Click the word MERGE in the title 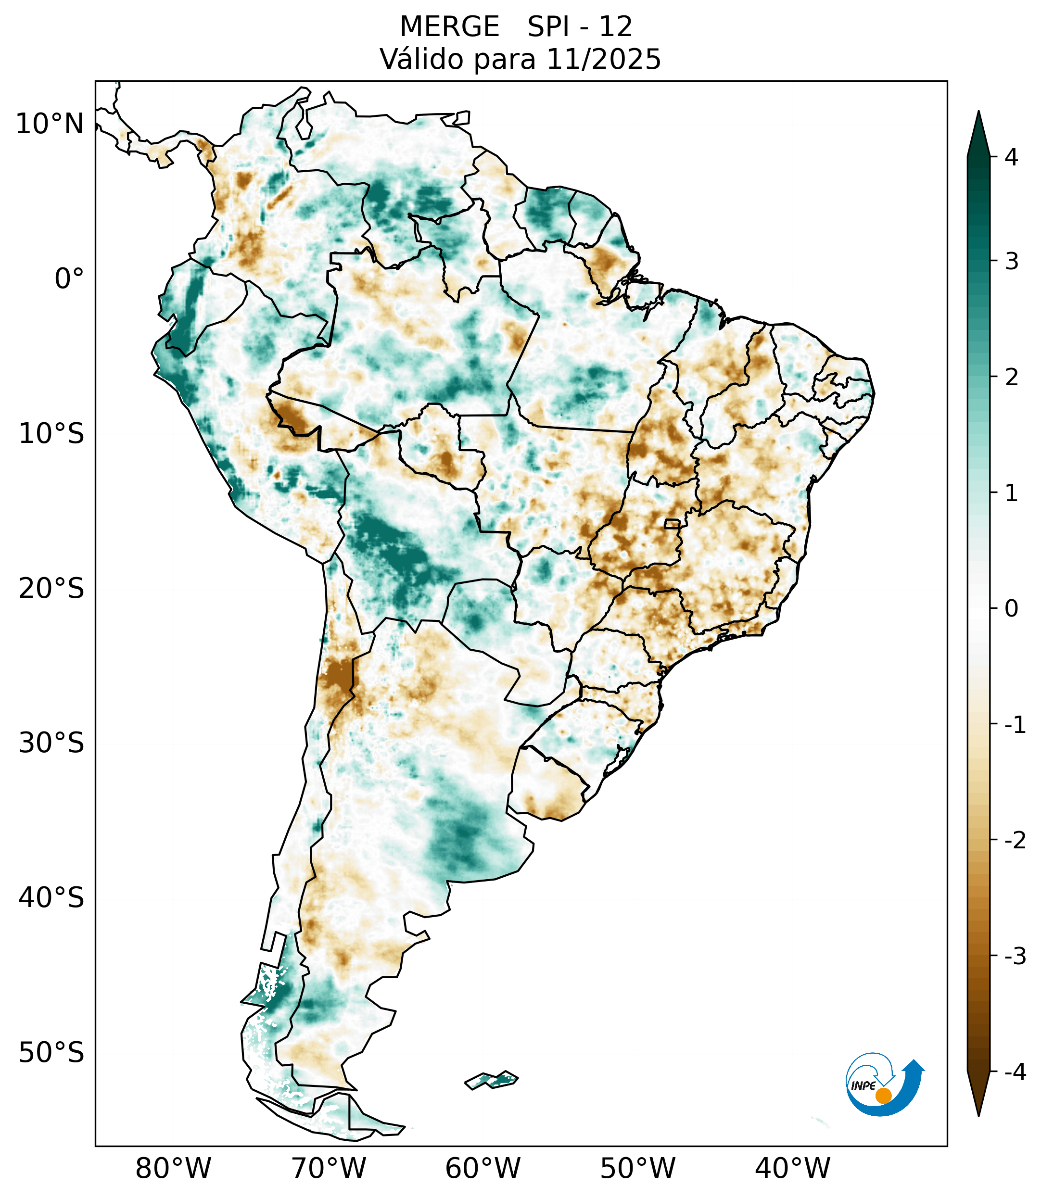[450, 27]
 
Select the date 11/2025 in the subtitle [603, 59]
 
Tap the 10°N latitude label [50, 124]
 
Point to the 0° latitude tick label [69, 279]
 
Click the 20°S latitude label [51, 589]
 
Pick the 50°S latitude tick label [51, 1053]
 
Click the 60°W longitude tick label [483, 1168]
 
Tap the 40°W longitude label [793, 1168]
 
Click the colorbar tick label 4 [1011, 157]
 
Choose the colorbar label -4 [1015, 1072]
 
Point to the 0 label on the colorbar [1011, 609]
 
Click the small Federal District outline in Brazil [672, 523]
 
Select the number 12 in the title [616, 27]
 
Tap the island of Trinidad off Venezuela [462, 118]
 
